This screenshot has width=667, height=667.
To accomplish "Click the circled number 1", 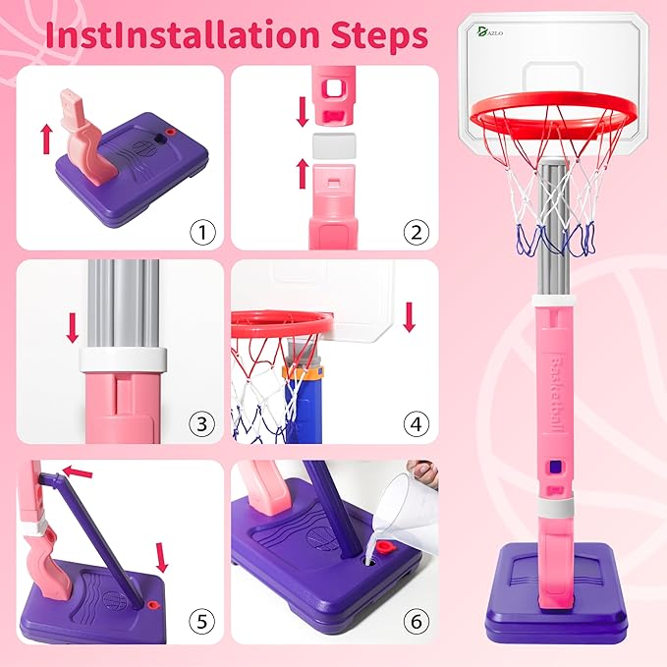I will coord(201,232).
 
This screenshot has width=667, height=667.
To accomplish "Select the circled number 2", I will coord(416,232).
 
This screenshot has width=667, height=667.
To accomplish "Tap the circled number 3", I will coord(201,424).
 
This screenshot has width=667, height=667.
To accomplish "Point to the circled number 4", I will coord(416,424).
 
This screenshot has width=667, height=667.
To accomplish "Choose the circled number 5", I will coord(201,621).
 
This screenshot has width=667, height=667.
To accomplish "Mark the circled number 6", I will coord(416,621).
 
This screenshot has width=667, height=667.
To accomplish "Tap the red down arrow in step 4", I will coord(410,316).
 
